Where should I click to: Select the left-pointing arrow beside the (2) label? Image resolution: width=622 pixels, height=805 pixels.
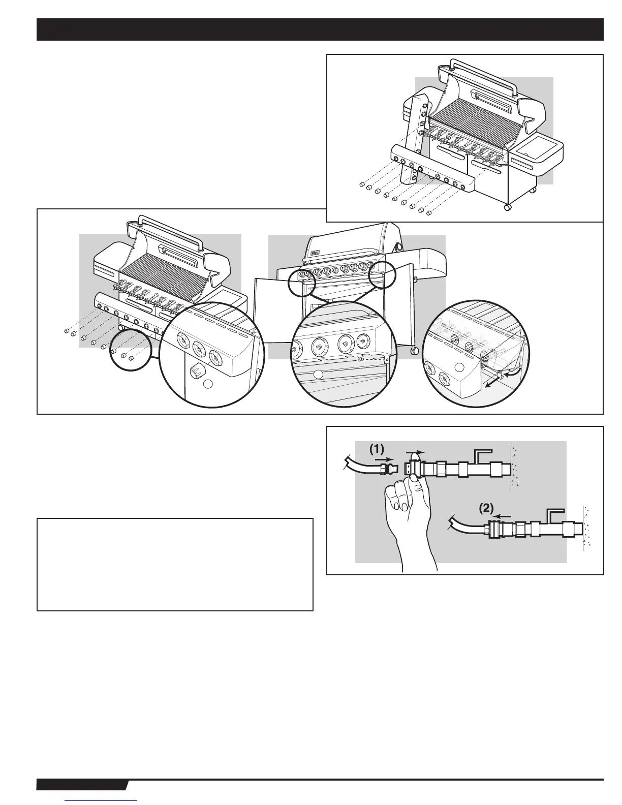[x=504, y=515]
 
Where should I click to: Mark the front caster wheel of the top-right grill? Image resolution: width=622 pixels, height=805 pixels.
[x=507, y=207]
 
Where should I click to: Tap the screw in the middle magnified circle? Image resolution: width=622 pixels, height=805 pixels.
[x=360, y=359]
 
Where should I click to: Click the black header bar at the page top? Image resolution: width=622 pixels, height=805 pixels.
[x=320, y=29]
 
